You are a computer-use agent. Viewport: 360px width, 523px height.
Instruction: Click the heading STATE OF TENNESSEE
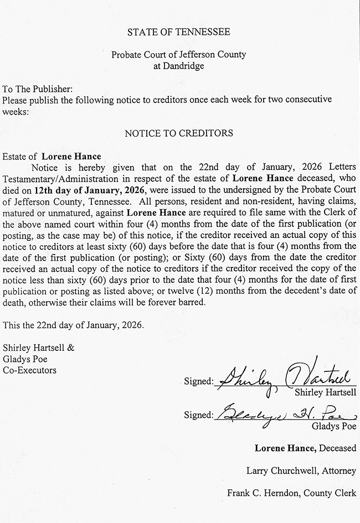click(178, 32)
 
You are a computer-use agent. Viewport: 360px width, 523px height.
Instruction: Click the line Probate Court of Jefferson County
click(178, 55)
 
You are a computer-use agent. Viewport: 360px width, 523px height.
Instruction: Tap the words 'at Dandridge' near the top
click(178, 66)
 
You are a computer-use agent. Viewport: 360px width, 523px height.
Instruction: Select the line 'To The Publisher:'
click(37, 89)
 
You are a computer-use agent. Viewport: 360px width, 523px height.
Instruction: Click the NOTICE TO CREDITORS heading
click(178, 133)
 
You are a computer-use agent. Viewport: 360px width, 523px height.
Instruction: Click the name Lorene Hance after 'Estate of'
click(71, 157)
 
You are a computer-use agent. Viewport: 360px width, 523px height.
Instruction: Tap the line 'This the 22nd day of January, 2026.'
click(73, 325)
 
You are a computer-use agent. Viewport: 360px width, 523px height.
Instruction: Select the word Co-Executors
click(29, 370)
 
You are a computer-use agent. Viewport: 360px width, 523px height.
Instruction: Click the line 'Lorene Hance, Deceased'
click(305, 448)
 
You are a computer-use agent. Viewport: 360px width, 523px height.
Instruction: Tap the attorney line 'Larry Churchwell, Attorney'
click(301, 471)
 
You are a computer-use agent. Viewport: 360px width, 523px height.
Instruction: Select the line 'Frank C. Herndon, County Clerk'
click(292, 493)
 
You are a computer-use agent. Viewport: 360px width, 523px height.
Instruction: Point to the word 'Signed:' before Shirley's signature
click(198, 381)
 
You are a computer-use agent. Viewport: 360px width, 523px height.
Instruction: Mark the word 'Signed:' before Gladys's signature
click(198, 415)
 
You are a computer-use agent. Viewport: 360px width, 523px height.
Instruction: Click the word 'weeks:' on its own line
click(14, 111)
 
